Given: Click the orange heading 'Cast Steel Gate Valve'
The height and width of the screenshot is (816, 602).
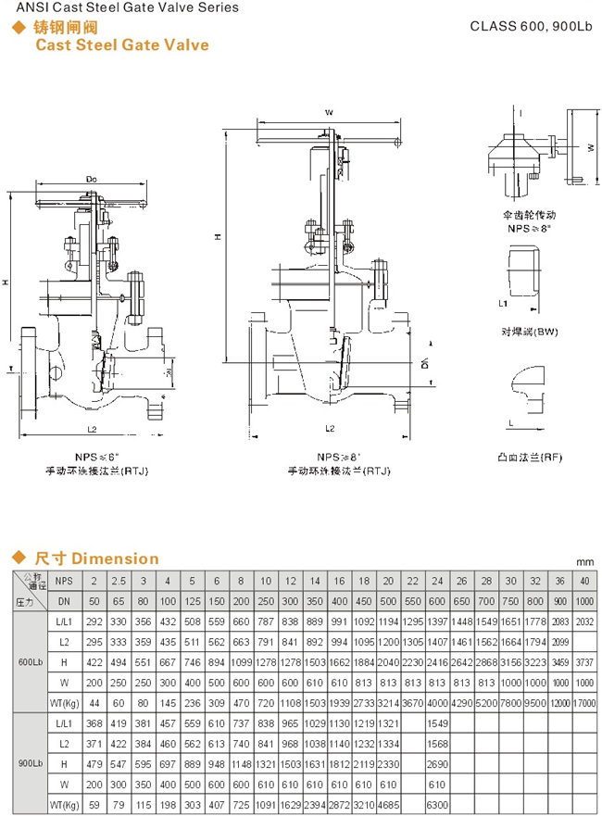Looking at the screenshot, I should [121, 44].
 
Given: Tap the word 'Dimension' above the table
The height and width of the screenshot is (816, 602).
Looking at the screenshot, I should [116, 559].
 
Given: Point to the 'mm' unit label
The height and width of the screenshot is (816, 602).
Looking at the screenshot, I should [583, 561].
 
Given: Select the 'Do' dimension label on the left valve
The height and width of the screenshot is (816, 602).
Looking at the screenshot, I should [92, 177].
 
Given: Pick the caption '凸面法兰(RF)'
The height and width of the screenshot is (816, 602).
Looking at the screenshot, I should [525, 457].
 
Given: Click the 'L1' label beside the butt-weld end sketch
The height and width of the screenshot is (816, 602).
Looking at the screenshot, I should [501, 303].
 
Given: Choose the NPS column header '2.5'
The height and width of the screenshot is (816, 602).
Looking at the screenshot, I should [118, 581].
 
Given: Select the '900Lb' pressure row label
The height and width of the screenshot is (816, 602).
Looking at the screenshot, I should [28, 763].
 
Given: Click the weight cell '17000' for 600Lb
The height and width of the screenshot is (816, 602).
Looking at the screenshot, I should [583, 702].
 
